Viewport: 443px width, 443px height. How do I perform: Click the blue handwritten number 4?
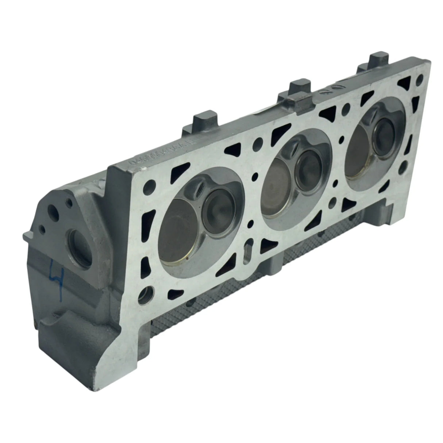point(57,273)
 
